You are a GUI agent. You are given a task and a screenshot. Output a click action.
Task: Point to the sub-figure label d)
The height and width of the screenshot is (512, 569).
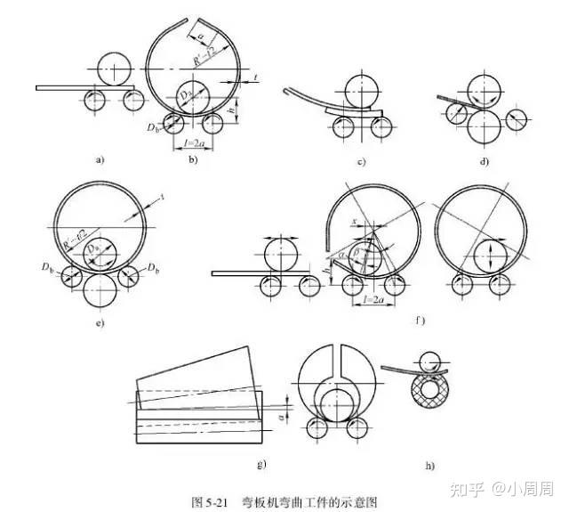coord(484,161)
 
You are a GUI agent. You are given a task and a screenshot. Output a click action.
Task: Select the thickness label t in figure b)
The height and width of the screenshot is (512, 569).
coord(254,79)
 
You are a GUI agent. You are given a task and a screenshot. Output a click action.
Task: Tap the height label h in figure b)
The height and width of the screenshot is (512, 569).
coord(229,110)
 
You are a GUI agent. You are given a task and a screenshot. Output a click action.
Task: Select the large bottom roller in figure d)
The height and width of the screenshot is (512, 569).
coord(484,126)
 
